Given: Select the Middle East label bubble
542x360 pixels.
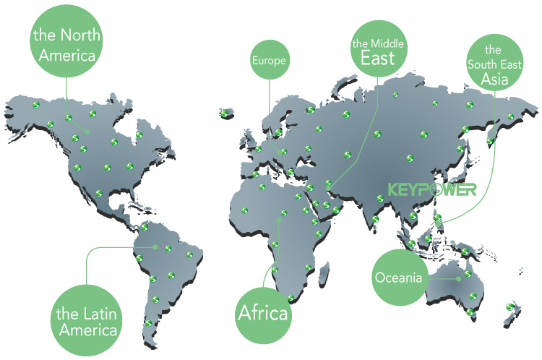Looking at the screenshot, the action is pyautogui.click(x=378, y=51).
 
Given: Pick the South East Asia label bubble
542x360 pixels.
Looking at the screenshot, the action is pyautogui.click(x=494, y=63).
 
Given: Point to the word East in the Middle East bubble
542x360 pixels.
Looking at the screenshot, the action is pyautogui.click(x=378, y=59).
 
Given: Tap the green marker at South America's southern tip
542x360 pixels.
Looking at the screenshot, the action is pyautogui.click(x=147, y=323).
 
